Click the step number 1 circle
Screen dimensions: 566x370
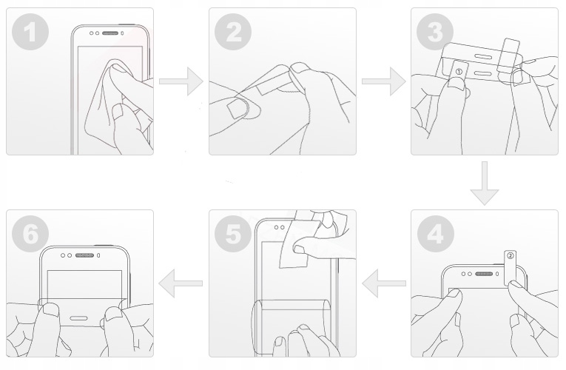[x=30, y=32]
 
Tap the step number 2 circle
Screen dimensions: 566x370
[x=233, y=32]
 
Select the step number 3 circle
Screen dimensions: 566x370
[x=435, y=32]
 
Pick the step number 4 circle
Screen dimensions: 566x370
[x=435, y=234]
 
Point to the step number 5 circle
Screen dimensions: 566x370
[x=233, y=234]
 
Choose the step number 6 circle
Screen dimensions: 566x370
[x=30, y=234]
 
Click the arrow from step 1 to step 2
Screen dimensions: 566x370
[x=181, y=81]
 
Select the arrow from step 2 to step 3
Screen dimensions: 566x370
[x=384, y=81]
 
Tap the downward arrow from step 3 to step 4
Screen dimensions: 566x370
[x=485, y=184]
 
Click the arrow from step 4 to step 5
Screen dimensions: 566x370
[x=384, y=283]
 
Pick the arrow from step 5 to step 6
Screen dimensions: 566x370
[x=181, y=283]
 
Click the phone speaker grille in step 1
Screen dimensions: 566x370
[x=110, y=33]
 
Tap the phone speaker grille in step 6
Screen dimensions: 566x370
[x=84, y=255]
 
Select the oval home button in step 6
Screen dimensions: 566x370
[x=78, y=318]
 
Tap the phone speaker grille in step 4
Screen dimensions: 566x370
[x=484, y=274]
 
